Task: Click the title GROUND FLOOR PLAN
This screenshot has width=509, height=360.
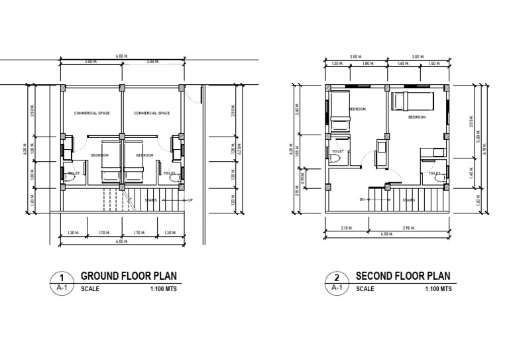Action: (129, 276)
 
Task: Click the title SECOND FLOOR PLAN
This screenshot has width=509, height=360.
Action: (403, 276)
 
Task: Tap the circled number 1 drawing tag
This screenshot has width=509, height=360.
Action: (61, 278)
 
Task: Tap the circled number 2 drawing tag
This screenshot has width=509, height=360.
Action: (337, 278)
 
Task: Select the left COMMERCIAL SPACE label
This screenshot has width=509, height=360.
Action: (92, 113)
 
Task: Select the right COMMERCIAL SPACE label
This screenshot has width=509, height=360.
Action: (152, 113)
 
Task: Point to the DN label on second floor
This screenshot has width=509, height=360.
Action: (363, 199)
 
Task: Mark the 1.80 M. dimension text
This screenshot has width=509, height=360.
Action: (368, 64)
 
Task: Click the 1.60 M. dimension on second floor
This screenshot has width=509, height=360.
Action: (402, 64)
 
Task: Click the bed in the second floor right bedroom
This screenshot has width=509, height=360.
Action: (411, 102)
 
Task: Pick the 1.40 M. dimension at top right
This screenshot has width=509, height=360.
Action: (435, 64)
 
